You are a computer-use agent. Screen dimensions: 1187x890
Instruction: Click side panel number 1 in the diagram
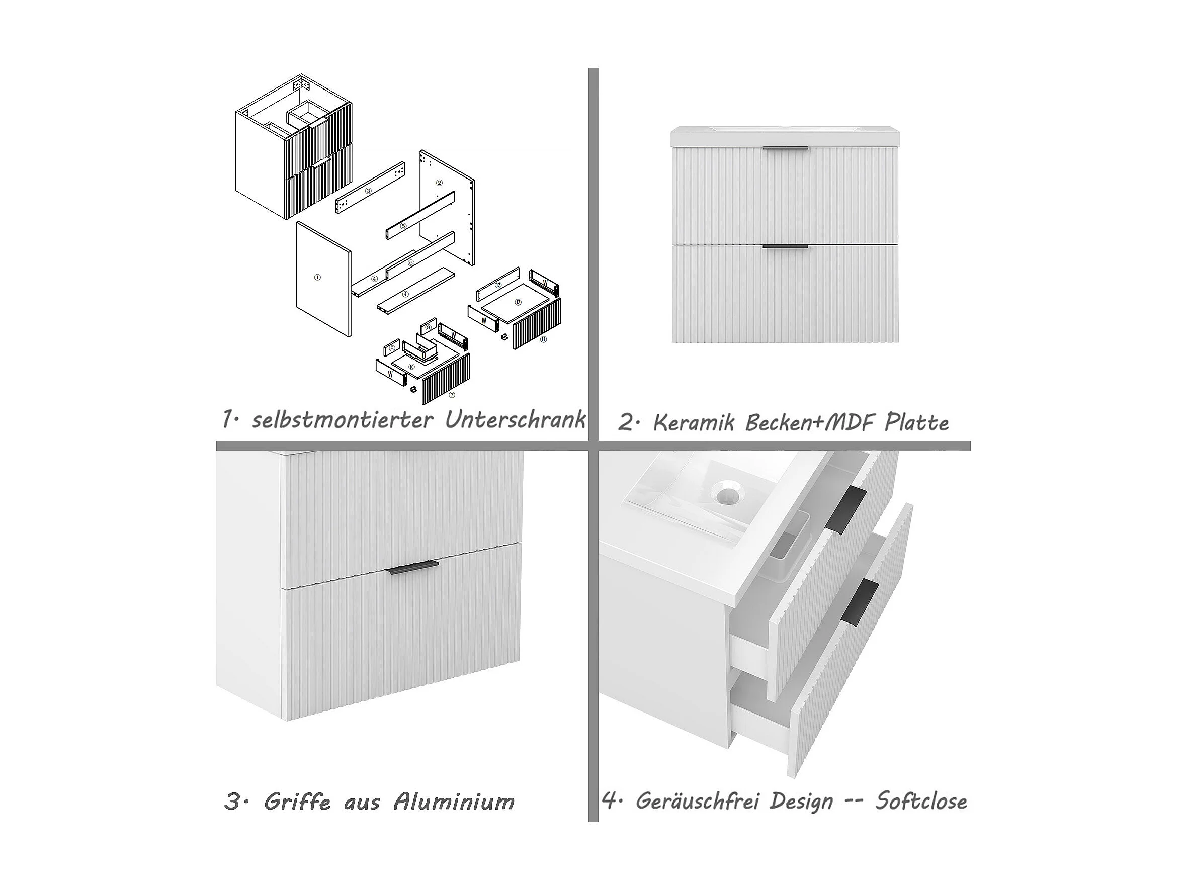pyautogui.click(x=323, y=278)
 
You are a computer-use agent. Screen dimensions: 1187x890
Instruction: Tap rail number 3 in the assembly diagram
pyautogui.click(x=370, y=188)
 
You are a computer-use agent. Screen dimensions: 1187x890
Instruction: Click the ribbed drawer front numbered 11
pyautogui.click(x=537, y=324)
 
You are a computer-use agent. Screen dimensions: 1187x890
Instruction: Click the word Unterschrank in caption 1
pyautogui.click(x=515, y=420)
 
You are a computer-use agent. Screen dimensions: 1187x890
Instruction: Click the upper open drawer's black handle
pyautogui.click(x=845, y=508)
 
